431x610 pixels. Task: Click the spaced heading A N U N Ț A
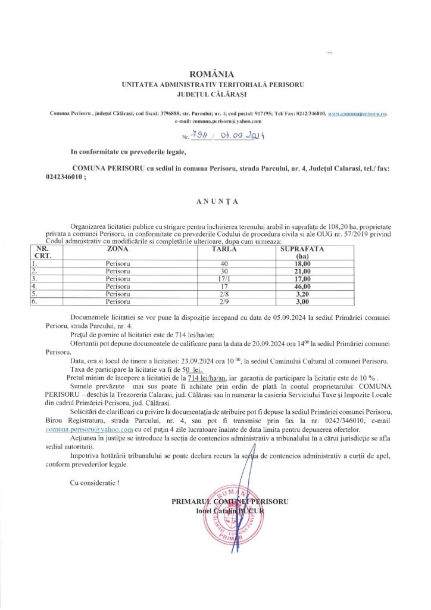pos(215,201)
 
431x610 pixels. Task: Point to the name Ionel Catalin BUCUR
pos(233,512)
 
